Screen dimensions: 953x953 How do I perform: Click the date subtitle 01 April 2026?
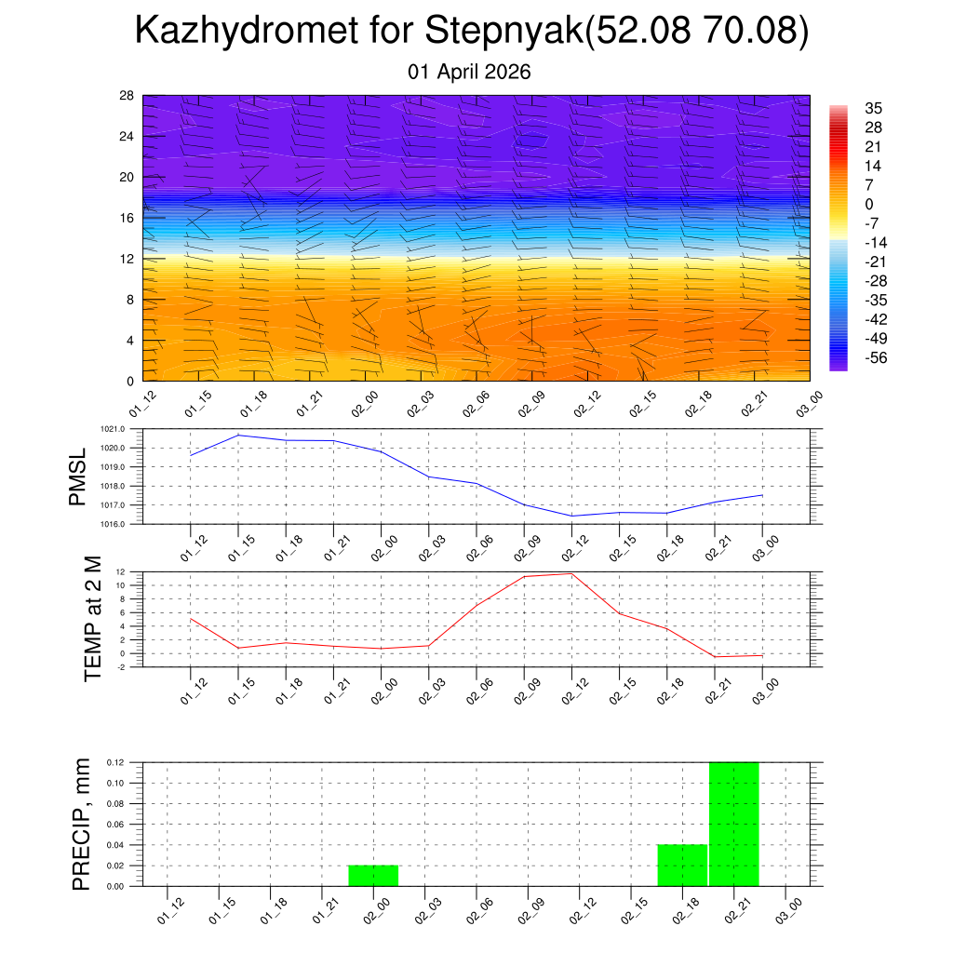tap(469, 72)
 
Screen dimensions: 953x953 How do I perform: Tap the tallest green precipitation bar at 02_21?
tap(734, 824)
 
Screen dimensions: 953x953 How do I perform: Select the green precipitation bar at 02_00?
tap(373, 876)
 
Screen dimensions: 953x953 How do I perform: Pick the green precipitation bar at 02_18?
tap(682, 865)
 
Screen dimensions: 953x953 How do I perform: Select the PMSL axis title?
tap(77, 477)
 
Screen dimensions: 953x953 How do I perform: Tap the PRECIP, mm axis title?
tap(82, 824)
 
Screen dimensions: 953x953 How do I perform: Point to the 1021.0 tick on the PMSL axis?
tap(125, 429)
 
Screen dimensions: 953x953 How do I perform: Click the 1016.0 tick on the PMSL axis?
tap(125, 524)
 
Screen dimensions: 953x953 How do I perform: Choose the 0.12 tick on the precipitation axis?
tap(114, 762)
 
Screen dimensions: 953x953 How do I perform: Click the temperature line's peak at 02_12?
tap(571, 573)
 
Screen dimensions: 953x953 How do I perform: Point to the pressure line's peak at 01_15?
tap(238, 435)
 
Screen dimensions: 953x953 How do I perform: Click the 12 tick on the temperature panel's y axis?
tap(121, 571)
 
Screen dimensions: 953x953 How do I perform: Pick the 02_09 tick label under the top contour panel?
tap(528, 406)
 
